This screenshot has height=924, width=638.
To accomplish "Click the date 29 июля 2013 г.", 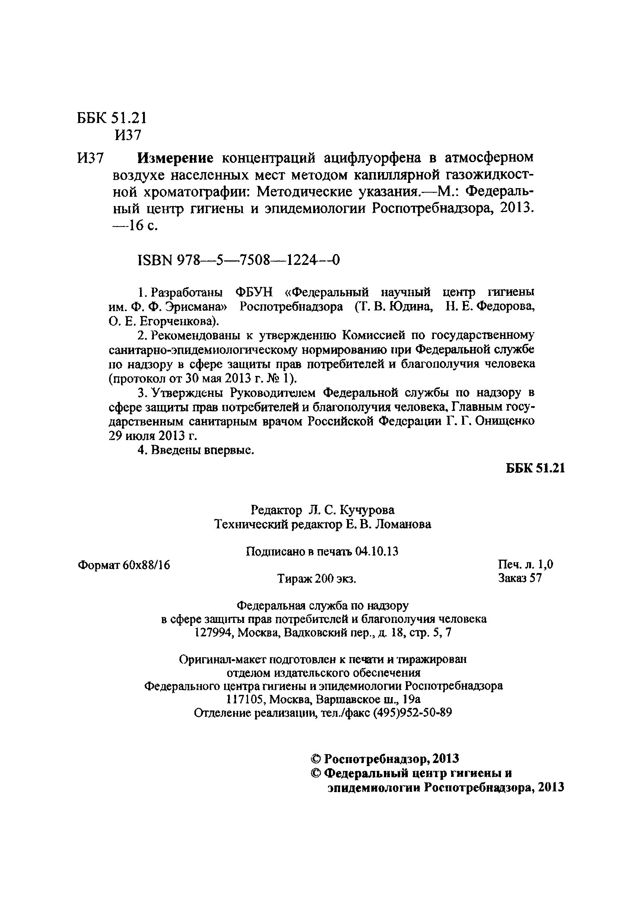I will click(x=153, y=436).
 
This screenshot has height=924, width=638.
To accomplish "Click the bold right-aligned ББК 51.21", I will click(x=535, y=468).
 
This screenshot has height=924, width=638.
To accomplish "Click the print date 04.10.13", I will click(x=377, y=552).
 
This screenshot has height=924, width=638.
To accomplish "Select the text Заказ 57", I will click(x=520, y=578).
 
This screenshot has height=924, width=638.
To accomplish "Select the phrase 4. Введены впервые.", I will click(x=196, y=450).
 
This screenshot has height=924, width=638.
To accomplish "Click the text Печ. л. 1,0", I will click(x=525, y=564).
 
